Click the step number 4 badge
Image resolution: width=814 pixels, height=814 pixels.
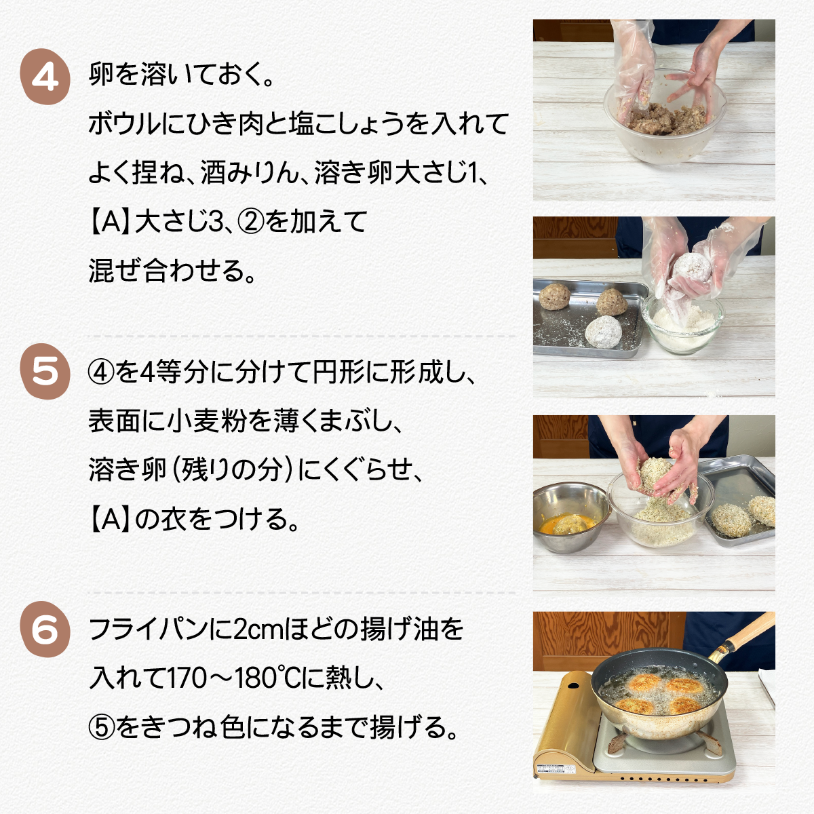point(45,77)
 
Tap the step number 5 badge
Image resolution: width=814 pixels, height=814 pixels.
point(45,372)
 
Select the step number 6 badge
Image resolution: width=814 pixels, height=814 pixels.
point(45,629)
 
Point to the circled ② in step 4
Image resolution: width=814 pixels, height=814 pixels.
point(250,222)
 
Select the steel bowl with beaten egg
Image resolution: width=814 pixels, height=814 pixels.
point(570,518)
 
